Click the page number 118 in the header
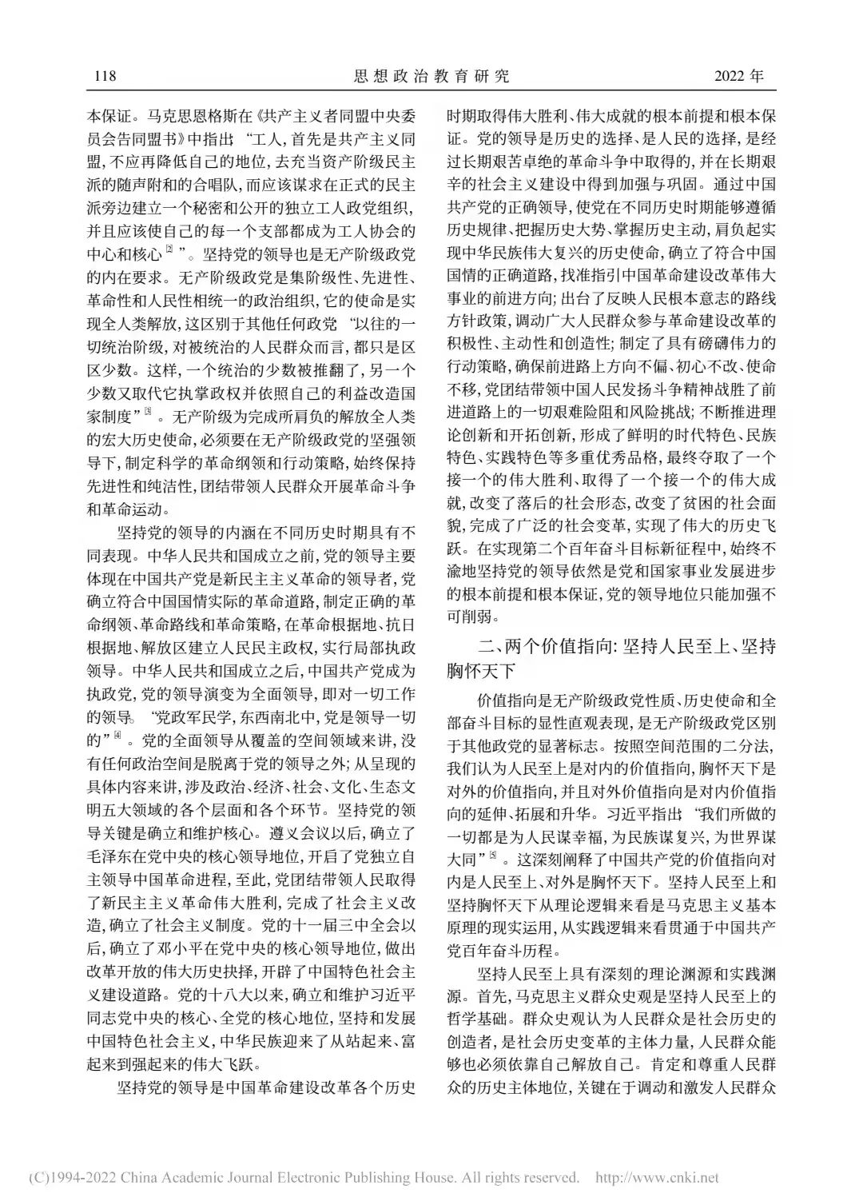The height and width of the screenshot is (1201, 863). pyautogui.click(x=105, y=77)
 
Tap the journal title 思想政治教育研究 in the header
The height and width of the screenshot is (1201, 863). pyautogui.click(x=431, y=77)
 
